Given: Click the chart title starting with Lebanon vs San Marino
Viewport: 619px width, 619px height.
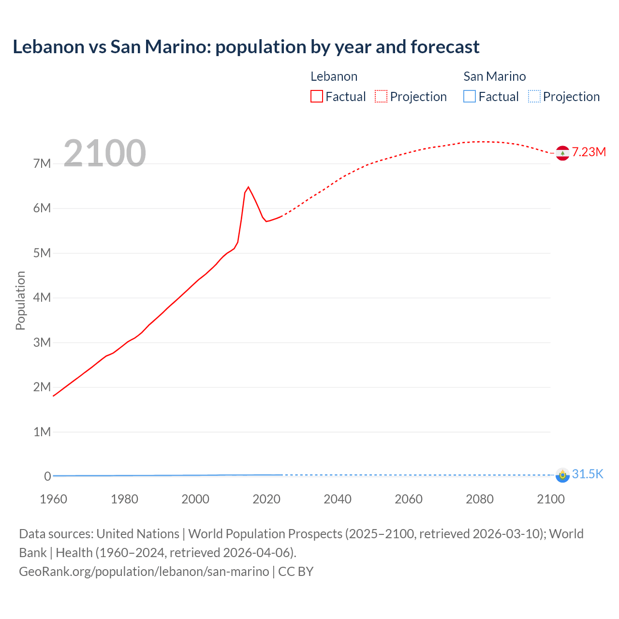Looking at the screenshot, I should (x=246, y=47).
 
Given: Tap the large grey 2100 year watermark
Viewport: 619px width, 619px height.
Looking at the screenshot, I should (x=104, y=153).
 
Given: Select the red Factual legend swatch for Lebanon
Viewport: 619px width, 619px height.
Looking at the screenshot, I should (x=316, y=96).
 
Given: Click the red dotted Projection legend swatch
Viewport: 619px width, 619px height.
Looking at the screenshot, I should (x=381, y=96).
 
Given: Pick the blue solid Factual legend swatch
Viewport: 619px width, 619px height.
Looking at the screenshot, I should (x=469, y=96).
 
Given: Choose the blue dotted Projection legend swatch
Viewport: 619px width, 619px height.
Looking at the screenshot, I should (x=534, y=96).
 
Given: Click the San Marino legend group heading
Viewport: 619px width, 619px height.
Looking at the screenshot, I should (x=494, y=76).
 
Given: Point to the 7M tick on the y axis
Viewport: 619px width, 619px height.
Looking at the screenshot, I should (x=42, y=163).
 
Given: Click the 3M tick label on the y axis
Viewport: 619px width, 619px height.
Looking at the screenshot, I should (x=42, y=342).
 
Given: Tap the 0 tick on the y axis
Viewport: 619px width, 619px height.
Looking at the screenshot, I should (x=47, y=476).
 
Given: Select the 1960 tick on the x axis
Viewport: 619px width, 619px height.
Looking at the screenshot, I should (x=53, y=499).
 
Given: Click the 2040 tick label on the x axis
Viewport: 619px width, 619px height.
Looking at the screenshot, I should (x=338, y=499).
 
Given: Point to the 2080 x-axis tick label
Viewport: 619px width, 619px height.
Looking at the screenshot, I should (x=480, y=499).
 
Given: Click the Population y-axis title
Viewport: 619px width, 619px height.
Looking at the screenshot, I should (x=20, y=300).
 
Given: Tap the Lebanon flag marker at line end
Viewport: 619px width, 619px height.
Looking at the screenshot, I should (x=562, y=153).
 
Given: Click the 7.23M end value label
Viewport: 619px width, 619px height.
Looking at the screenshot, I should (x=589, y=152).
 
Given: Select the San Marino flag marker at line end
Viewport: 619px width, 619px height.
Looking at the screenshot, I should (x=562, y=475).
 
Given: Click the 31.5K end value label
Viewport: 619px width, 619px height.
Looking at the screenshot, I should (x=588, y=474).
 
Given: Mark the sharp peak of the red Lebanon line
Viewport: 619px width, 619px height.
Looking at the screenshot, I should (x=248, y=187).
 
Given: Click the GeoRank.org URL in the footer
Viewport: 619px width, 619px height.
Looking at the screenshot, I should (x=144, y=571).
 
